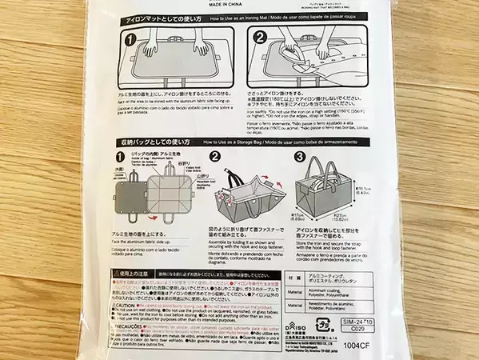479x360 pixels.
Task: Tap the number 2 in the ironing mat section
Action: (260, 37)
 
